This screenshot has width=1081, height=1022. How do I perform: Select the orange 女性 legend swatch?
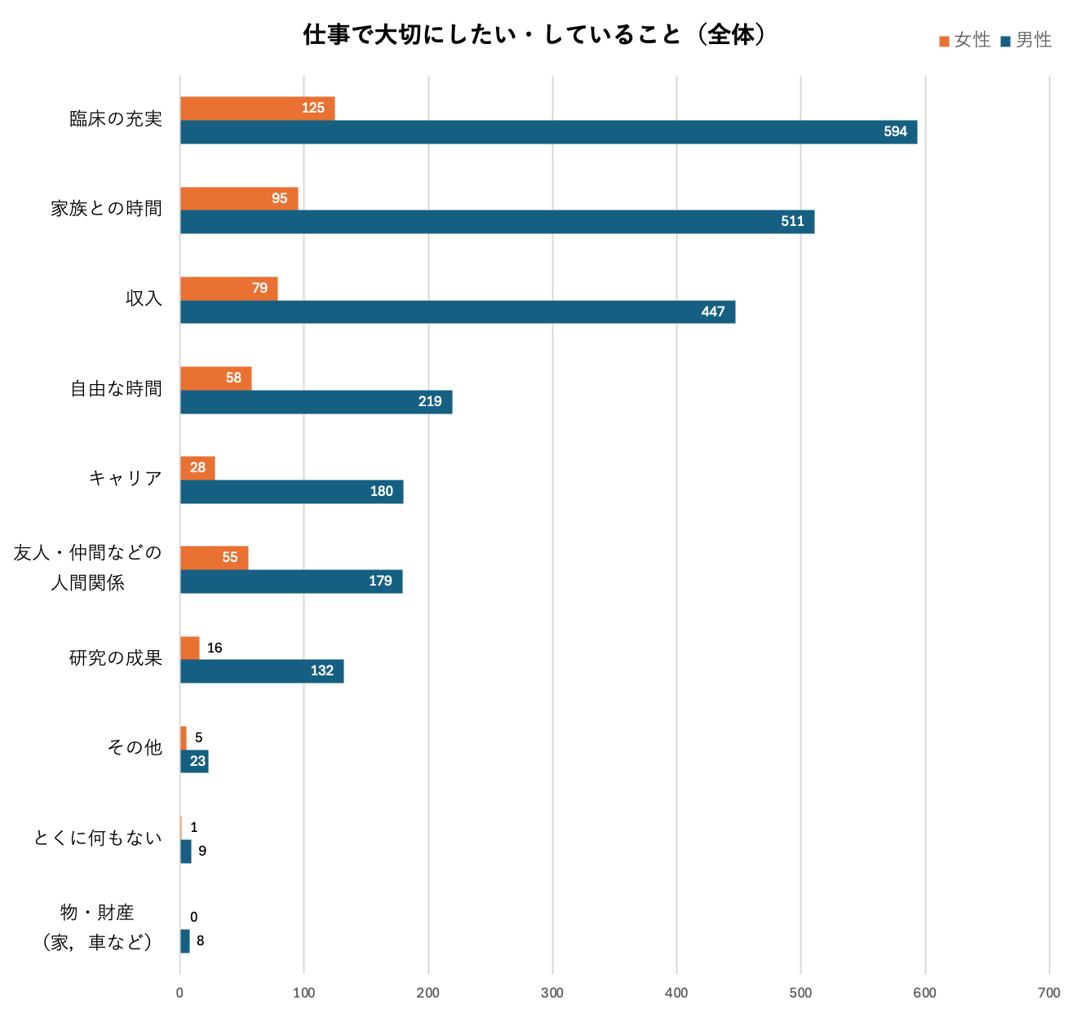point(944,41)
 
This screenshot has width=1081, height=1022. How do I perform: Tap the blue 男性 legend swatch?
point(1005,41)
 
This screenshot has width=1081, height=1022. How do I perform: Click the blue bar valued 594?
point(548,132)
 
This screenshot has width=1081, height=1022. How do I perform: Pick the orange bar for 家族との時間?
point(239,198)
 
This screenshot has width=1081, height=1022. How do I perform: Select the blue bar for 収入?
point(457,312)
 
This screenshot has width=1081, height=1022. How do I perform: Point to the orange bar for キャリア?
point(197,468)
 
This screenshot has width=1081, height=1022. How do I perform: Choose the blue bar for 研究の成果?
point(261,671)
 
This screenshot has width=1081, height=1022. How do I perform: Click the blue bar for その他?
point(194,761)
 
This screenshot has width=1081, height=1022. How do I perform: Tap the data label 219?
point(430,401)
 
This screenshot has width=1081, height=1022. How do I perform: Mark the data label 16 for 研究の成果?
point(215,648)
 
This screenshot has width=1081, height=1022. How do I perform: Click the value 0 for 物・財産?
point(193,917)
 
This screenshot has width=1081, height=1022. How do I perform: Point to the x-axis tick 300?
point(552,993)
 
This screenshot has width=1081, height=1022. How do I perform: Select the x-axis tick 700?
point(1048,993)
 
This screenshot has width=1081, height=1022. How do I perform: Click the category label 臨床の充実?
point(116,119)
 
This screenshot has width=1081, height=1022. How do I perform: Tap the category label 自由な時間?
point(116,389)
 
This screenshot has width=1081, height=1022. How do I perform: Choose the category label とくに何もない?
point(98,838)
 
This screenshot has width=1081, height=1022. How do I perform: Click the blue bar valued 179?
point(291,582)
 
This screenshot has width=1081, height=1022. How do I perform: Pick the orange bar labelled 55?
point(214,558)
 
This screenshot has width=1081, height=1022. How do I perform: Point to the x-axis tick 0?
point(180,993)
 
